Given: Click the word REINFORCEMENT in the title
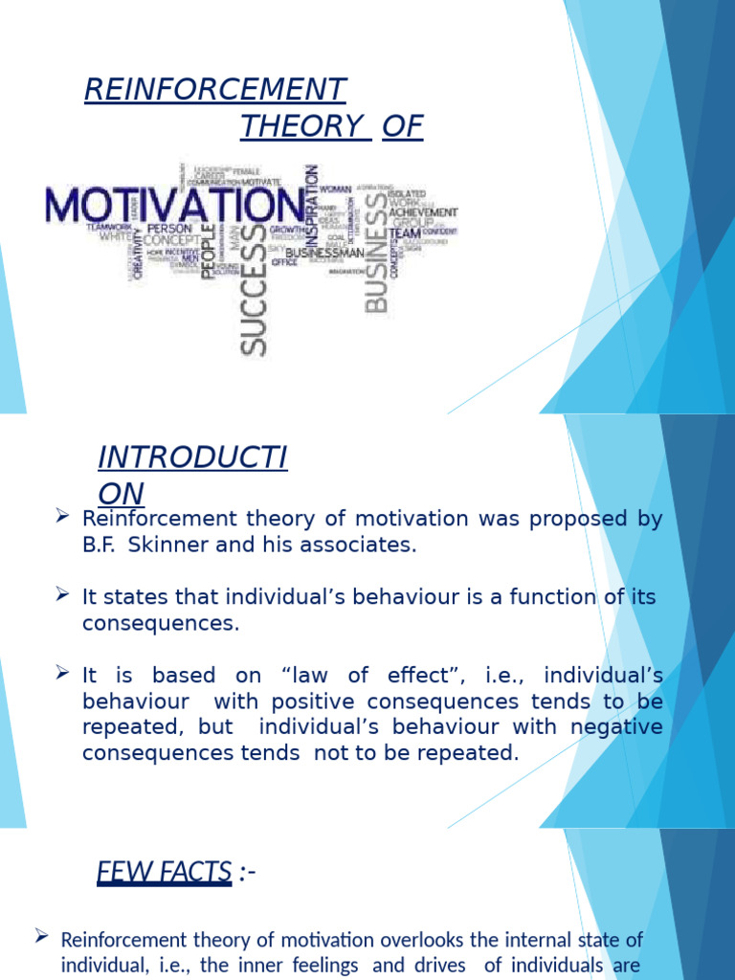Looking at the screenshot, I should pos(214,89).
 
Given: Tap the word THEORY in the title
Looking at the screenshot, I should pos(305,125).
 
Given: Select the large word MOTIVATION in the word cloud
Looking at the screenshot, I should pos(173,205).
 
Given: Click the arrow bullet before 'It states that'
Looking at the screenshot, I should pos(62,595).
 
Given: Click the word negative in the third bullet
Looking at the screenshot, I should pos(616,726).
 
